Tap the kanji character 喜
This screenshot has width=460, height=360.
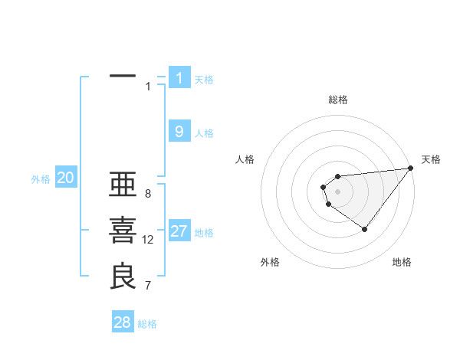coord(123,231)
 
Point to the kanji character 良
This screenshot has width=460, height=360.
coord(123,277)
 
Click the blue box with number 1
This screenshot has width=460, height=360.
coord(179,77)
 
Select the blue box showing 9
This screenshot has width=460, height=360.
coord(179,132)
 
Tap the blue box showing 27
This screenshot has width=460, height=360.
coord(179,231)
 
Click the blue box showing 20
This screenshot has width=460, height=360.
coord(66,178)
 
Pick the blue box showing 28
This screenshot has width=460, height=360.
coord(123,322)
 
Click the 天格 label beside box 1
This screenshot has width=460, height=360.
coord(204,79)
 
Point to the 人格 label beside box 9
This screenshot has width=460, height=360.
coord(204,133)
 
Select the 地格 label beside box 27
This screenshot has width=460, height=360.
coord(204,233)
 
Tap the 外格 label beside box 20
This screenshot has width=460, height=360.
coord(41,180)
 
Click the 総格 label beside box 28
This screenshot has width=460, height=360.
coord(147,324)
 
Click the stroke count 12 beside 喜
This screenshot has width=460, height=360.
coord(148,240)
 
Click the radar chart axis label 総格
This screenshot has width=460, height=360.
coord(338,100)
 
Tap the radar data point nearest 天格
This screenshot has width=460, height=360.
coord(412,169)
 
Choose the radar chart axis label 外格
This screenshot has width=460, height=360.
coord(270,263)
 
